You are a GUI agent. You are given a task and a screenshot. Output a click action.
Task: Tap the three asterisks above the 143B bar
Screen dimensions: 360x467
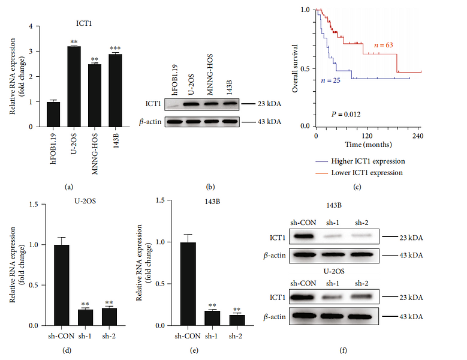115,49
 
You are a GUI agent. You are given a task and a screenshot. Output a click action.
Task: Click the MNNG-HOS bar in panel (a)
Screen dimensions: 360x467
95,95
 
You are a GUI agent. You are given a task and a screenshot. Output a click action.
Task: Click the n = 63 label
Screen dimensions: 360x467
385,44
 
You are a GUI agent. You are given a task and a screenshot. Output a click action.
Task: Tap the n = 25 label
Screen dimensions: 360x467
330,80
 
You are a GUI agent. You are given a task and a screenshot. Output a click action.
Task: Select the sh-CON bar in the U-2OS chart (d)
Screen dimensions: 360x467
61,285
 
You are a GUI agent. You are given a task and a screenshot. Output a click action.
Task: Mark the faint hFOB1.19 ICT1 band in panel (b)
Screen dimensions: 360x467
174,104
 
